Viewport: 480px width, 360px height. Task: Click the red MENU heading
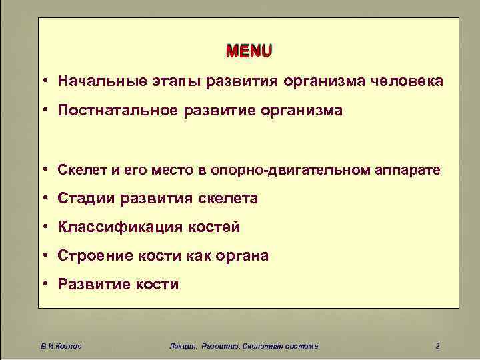[x=249, y=51]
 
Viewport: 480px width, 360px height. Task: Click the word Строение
[x=90, y=256]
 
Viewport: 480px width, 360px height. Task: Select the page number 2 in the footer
[x=437, y=345]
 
